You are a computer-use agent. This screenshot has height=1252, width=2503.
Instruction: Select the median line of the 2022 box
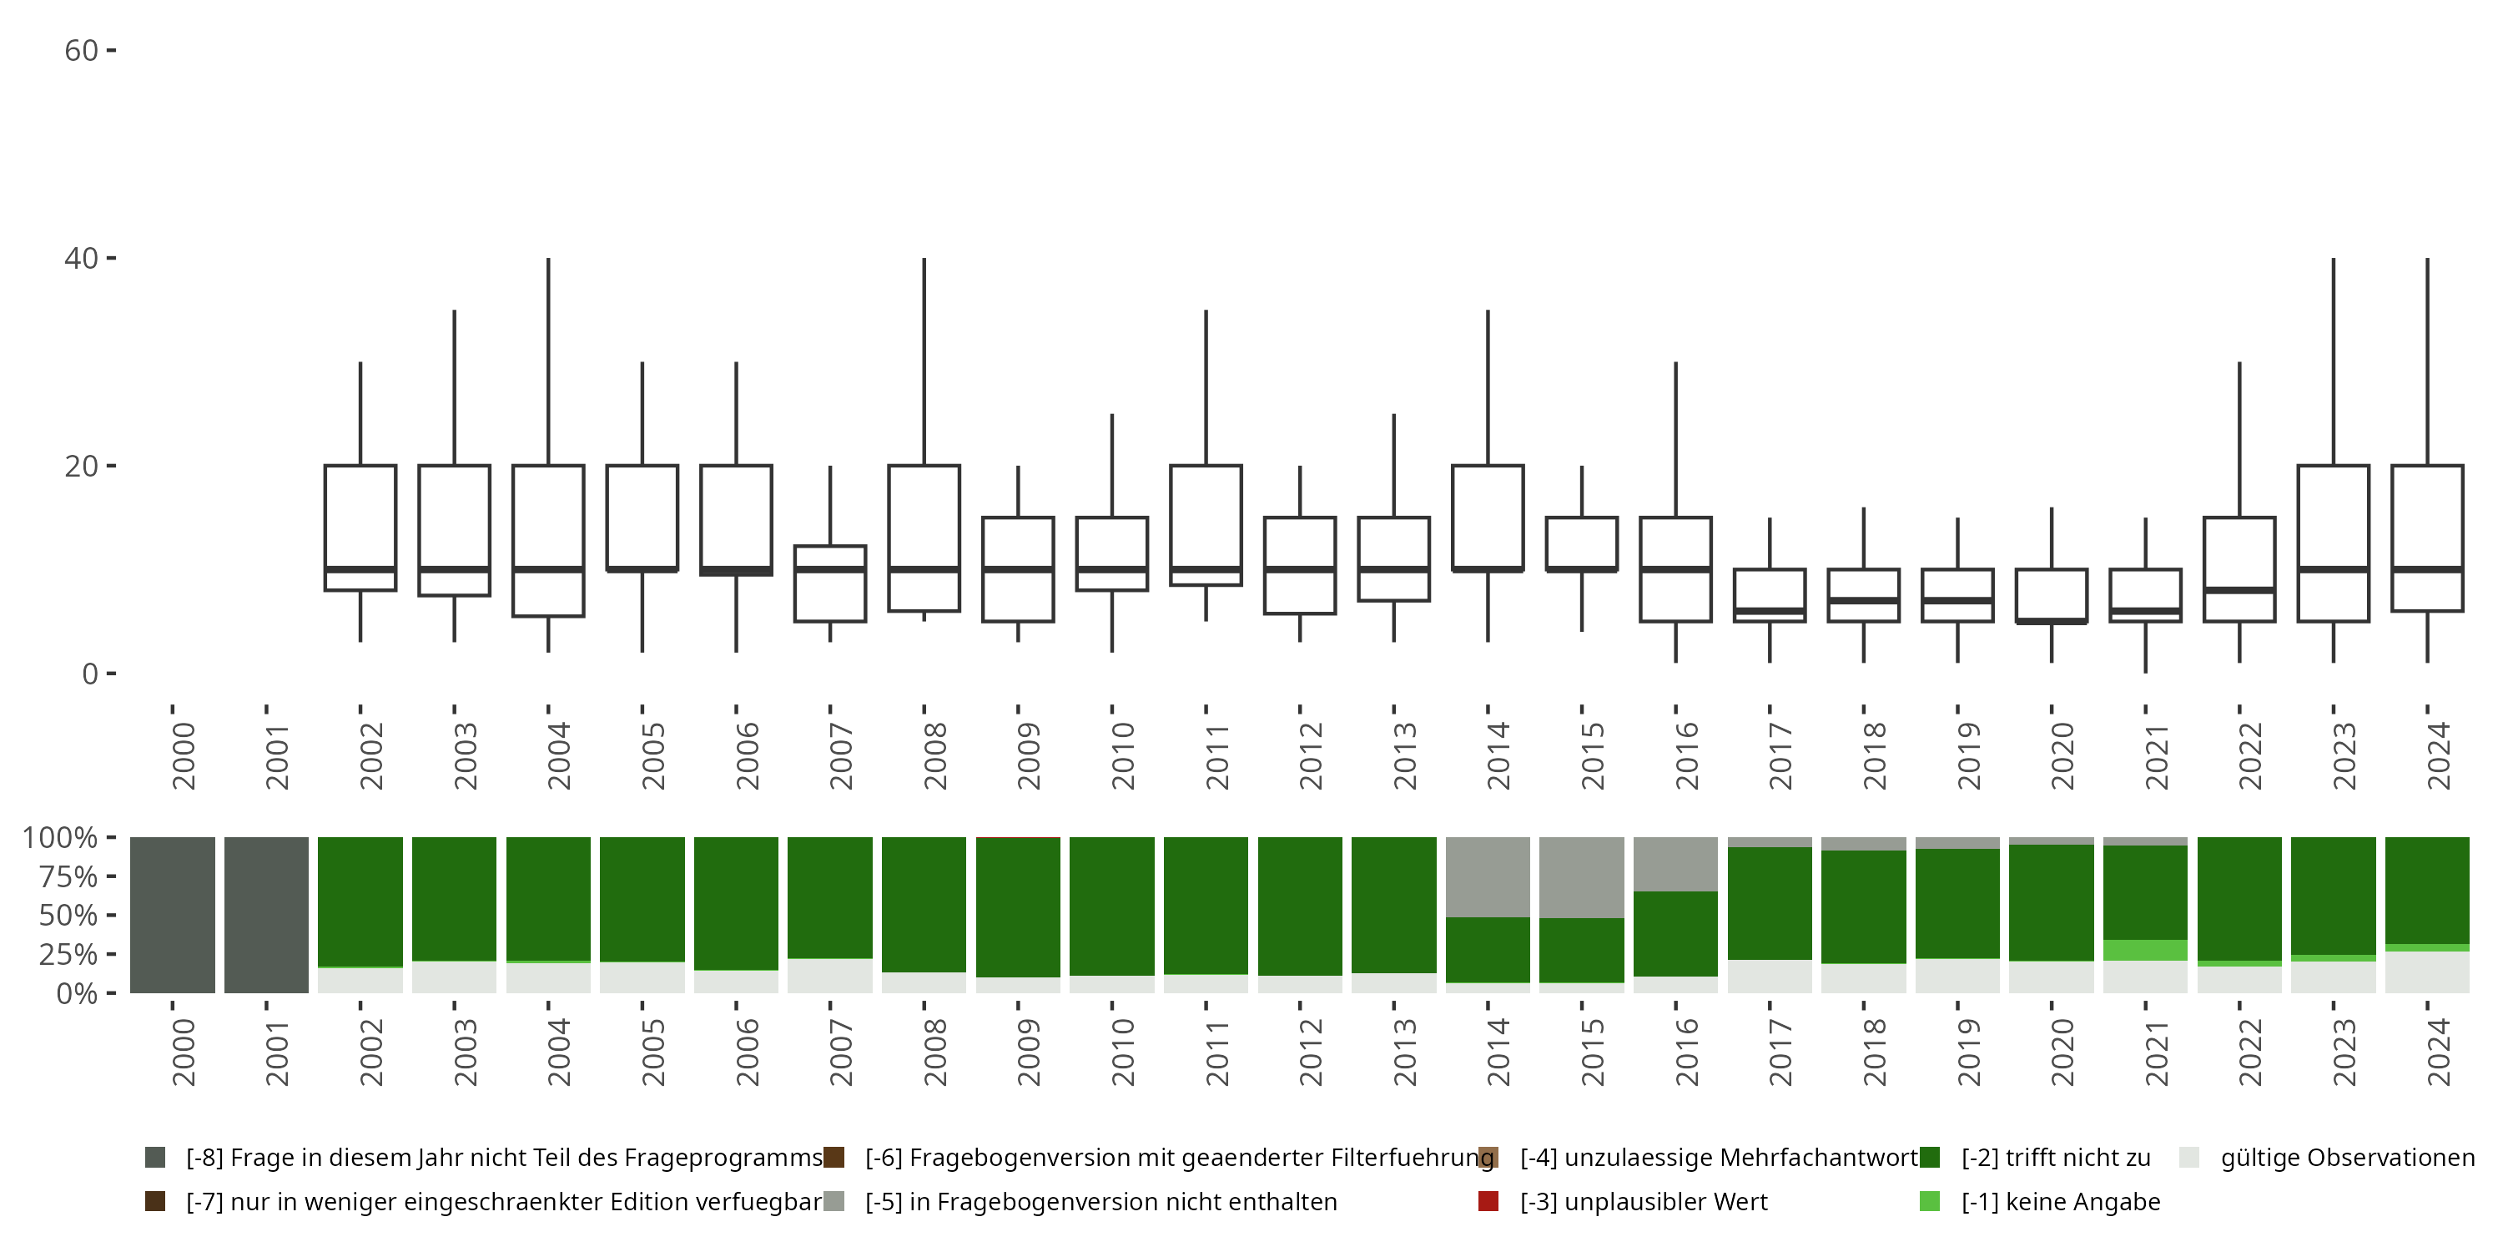coord(2239,590)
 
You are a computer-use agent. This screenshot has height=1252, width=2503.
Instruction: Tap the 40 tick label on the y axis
coord(82,259)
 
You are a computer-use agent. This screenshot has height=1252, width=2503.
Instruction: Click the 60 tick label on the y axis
coord(82,51)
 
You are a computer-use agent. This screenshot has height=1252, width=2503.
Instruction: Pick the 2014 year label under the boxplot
coord(1498,755)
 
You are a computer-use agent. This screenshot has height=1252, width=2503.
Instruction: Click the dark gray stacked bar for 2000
coord(173,915)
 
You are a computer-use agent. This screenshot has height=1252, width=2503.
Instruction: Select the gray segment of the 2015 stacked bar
coord(1582,876)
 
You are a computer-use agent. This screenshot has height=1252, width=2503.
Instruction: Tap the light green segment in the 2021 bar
coord(2145,950)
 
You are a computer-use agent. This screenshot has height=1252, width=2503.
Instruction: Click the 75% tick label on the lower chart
coord(68,876)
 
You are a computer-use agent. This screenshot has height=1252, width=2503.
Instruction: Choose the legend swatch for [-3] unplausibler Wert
coord(1488,1201)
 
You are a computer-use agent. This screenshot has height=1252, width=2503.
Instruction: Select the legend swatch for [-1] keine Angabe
coord(1930,1201)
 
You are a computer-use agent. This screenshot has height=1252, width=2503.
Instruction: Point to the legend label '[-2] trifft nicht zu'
coord(2055,1158)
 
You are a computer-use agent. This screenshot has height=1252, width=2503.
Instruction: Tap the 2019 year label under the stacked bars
coord(1967,1053)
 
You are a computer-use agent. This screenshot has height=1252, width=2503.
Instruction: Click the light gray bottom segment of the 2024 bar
coord(2427,972)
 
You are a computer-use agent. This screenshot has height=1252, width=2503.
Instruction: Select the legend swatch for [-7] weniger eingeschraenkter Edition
coord(154,1201)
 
